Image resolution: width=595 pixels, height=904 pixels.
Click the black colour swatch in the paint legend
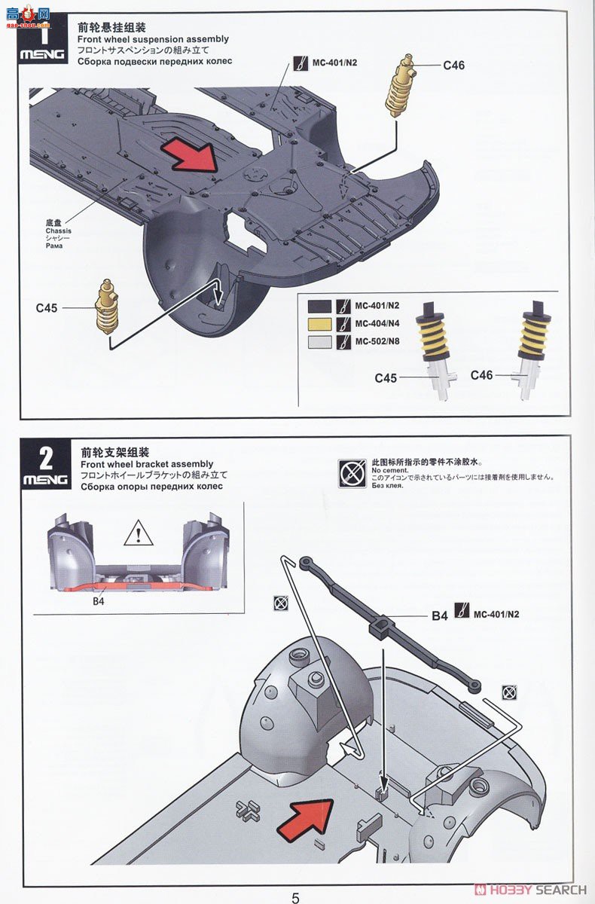[x=319, y=307]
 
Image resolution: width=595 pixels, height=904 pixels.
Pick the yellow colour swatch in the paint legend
[x=319, y=324]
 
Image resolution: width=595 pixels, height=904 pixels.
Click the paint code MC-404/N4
[x=377, y=324]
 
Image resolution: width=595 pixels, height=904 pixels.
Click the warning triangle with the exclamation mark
[x=138, y=535]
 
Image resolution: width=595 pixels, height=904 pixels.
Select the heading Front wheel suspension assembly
[x=153, y=38]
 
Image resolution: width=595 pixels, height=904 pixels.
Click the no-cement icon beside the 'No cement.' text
[x=349, y=473]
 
